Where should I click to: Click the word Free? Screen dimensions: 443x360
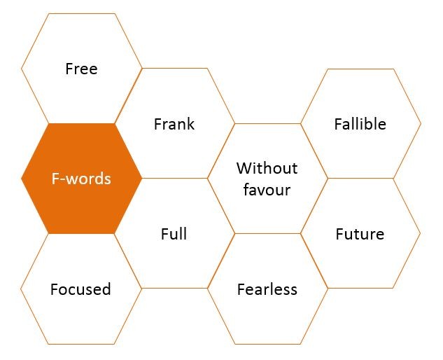81,69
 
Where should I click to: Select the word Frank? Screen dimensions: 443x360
174,124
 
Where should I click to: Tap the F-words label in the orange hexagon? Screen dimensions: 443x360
81,179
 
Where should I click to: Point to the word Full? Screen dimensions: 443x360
174,234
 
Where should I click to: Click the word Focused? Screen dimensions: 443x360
80,289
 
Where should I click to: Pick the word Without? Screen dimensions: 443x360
267,168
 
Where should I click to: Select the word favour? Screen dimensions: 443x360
267,190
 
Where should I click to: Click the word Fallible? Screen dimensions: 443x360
360,124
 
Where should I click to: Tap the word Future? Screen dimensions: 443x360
360,234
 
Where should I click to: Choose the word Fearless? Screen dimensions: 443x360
267,289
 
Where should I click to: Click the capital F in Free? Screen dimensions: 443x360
69,69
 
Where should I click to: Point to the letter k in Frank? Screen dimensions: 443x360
190,124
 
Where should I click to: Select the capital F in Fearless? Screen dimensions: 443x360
241,289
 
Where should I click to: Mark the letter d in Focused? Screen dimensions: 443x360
106,289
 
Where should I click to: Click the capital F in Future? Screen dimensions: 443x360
339,234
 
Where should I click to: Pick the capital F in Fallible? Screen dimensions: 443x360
338,124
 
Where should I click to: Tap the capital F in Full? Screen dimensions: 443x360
164,234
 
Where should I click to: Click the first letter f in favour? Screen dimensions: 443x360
247,190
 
